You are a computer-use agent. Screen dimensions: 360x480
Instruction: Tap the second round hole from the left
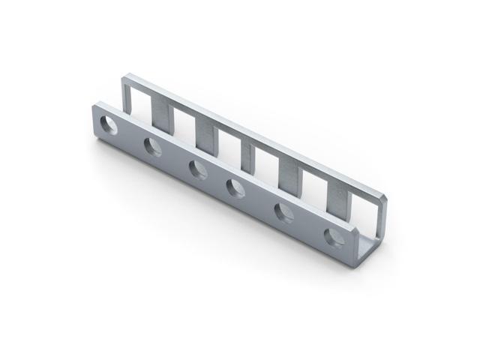coord(154,148)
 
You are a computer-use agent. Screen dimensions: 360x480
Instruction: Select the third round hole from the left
coord(197,169)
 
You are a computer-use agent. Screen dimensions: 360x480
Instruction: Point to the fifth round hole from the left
coord(284,213)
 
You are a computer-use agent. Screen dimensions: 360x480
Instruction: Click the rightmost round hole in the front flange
coord(334,238)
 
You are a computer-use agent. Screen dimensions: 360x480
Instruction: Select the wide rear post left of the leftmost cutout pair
coord(160,112)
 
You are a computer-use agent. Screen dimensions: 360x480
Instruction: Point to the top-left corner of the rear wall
coord(124,75)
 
